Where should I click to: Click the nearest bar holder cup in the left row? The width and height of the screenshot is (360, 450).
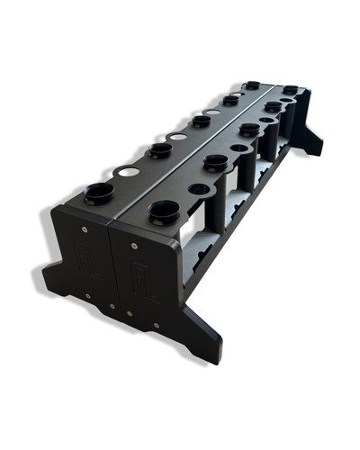point(99,192)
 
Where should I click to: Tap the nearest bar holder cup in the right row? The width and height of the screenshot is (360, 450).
point(164,212)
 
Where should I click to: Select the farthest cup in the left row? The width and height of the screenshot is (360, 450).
point(252,86)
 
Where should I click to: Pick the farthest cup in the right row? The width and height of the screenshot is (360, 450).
point(291,90)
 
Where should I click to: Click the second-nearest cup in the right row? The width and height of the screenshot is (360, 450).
point(215,162)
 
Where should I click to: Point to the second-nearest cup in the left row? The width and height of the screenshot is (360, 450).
point(160,149)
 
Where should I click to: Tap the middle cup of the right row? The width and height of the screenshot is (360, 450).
point(249,130)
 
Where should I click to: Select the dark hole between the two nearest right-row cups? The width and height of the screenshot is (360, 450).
point(197,189)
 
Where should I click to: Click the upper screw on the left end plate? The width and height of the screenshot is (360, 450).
point(84,229)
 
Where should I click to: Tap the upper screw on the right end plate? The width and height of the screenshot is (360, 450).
point(133,244)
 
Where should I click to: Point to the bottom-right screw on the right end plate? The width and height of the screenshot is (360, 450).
point(155,323)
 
